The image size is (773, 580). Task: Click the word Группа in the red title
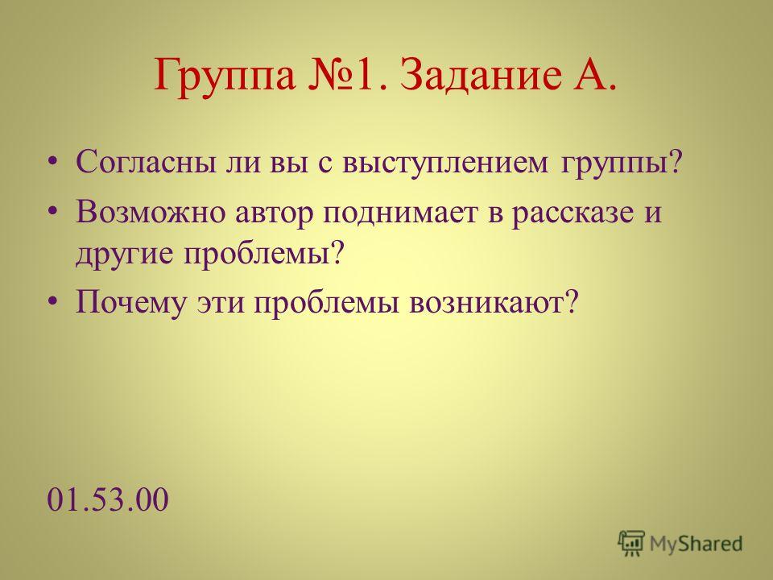225,76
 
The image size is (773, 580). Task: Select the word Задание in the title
481,75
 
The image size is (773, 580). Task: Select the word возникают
492,302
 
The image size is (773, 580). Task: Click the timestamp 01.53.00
108,499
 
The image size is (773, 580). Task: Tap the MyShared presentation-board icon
631,544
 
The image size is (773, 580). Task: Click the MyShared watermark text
696,544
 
